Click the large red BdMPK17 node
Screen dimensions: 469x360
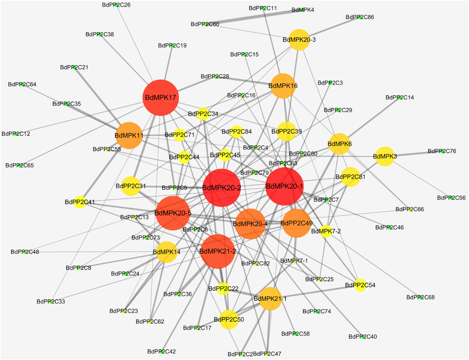[x=161, y=98]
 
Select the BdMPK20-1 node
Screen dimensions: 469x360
[x=285, y=186]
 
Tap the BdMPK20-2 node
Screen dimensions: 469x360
[x=222, y=188]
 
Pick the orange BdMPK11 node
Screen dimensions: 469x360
[x=129, y=135]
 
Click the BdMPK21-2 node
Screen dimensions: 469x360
[x=218, y=251]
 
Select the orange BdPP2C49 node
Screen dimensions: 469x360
[x=297, y=223]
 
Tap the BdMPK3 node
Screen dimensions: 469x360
[x=385, y=157]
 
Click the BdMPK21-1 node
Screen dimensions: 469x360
[x=270, y=299]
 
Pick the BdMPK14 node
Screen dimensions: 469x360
[x=167, y=252]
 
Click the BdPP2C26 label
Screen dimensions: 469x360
[x=116, y=5]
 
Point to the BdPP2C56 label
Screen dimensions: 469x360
[x=451, y=198]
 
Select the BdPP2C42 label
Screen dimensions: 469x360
[x=161, y=351]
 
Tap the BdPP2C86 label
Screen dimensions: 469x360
[x=360, y=17]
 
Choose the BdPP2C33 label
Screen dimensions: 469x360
[x=51, y=301]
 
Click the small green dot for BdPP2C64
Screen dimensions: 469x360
[x=23, y=84]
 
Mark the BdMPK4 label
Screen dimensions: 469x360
[x=303, y=10]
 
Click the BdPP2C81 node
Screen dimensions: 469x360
[x=350, y=177]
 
